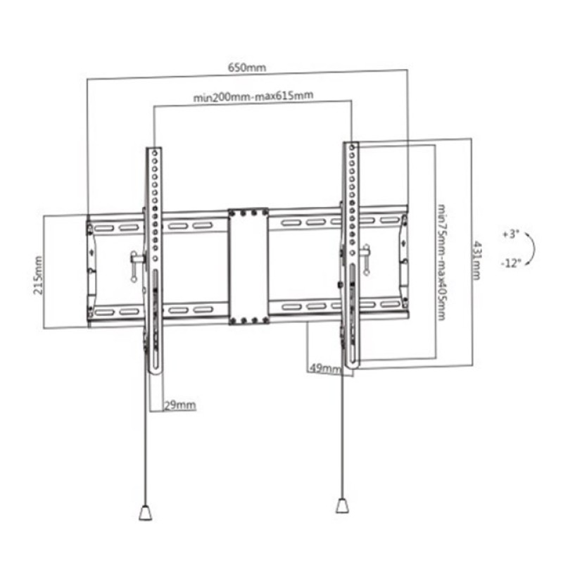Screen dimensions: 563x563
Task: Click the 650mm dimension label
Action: [x=246, y=68]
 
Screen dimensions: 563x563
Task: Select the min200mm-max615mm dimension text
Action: [x=253, y=96]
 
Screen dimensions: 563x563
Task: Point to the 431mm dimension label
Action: [x=477, y=258]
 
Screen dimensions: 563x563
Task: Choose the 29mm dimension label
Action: [x=180, y=405]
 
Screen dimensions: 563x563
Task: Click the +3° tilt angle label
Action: [x=510, y=234]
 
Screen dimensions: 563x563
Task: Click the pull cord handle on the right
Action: [x=341, y=507]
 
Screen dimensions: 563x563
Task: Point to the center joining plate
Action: [x=248, y=266]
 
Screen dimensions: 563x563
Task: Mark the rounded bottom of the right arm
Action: [x=352, y=366]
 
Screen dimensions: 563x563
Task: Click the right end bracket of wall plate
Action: [x=403, y=262]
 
